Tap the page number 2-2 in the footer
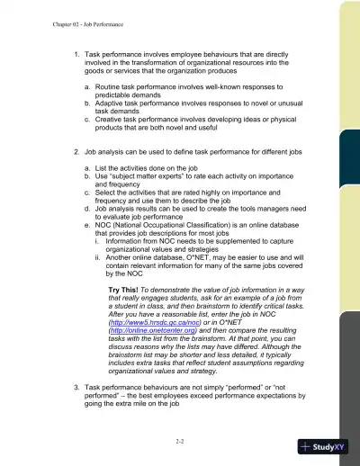click(181, 443)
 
